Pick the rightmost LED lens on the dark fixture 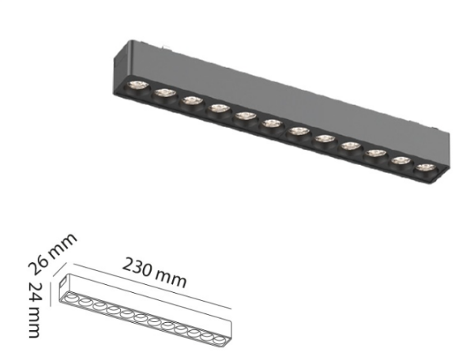425,168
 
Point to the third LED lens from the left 190,100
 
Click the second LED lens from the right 400,161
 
